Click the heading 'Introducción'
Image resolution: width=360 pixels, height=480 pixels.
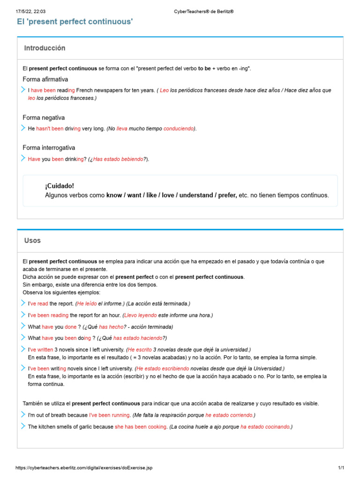pyautogui.click(x=45, y=48)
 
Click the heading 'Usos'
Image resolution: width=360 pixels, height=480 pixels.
pyautogui.click(x=32, y=240)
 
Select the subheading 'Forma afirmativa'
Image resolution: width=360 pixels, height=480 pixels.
pyautogui.click(x=45, y=79)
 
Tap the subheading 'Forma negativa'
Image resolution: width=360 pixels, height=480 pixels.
pyautogui.click(x=44, y=118)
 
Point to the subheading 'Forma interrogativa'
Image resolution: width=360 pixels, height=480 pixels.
pyautogui.click(x=49, y=148)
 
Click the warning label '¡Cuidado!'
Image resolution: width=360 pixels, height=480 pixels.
pyautogui.click(x=60, y=186)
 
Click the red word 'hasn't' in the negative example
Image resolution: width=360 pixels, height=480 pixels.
pyautogui.click(x=44, y=128)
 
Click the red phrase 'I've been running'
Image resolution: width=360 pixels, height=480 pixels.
pyautogui.click(x=109, y=415)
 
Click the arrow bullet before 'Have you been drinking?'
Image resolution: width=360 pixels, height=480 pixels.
pyautogui.click(x=23, y=158)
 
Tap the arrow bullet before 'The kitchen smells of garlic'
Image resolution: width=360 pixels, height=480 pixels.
pyautogui.click(x=23, y=426)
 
